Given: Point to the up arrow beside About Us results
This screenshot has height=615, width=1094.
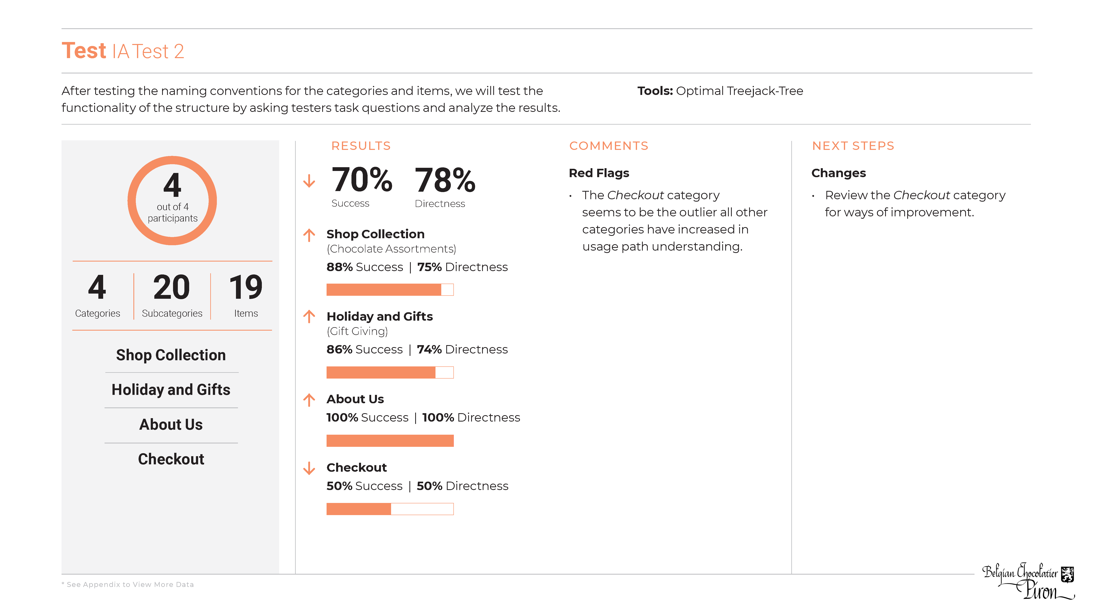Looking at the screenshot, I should click(309, 400).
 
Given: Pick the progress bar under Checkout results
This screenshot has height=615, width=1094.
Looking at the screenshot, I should click(390, 509).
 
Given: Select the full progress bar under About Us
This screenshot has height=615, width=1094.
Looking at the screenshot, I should click(390, 441).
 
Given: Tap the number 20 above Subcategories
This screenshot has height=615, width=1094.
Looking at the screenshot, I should click(172, 287).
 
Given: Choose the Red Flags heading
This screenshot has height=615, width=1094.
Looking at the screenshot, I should click(599, 173).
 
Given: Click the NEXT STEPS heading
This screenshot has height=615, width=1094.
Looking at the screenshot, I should click(853, 146).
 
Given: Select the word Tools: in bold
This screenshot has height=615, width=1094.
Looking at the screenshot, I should click(655, 91).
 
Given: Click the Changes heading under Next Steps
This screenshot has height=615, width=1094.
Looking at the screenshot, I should click(838, 173).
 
